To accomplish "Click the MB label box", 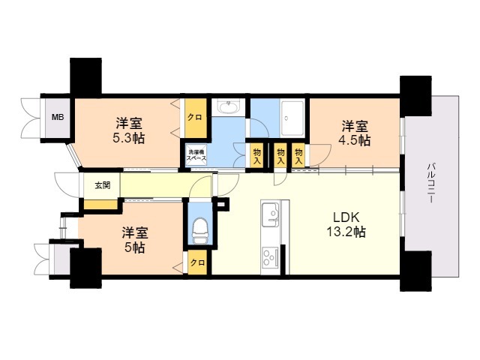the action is click(58, 118).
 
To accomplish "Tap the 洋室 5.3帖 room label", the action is click(128, 131).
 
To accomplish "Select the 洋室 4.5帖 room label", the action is click(355, 133).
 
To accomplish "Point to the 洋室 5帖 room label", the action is click(135, 240).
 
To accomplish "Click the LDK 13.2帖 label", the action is click(346, 225).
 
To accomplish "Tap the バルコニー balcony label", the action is click(432, 183).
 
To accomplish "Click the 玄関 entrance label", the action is click(102, 185).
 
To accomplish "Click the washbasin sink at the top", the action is click(228, 107).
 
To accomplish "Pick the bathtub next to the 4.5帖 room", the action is click(292, 118).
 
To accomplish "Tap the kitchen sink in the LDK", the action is click(270, 214).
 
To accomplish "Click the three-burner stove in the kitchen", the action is click(271, 257).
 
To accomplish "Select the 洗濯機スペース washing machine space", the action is click(196, 155).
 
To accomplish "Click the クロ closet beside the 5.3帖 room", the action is click(195, 118).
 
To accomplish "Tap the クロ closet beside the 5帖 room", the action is click(197, 262).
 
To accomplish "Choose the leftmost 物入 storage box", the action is click(256, 155).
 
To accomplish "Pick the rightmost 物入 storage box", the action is click(298, 155).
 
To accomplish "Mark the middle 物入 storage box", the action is click(280, 155).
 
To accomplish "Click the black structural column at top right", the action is click(415, 96).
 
